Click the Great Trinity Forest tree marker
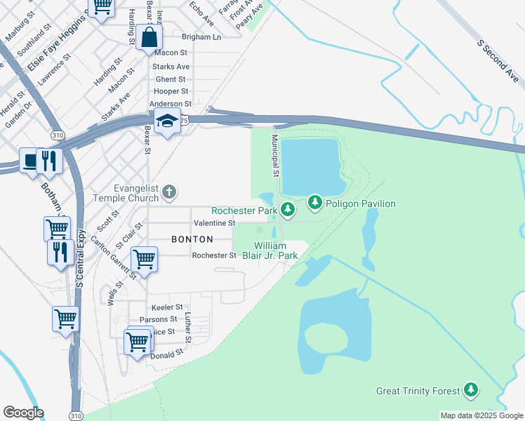click(x=471, y=389)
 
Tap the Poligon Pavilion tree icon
click(x=315, y=203)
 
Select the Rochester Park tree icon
click(x=287, y=209)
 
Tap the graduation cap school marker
click(x=168, y=123)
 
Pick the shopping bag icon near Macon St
click(x=149, y=37)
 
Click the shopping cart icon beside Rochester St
click(x=144, y=259)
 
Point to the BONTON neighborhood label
click(x=192, y=239)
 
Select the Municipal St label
click(x=276, y=156)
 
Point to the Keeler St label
click(x=166, y=307)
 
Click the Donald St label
click(x=166, y=356)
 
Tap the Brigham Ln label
click(x=201, y=36)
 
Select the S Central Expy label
click(x=79, y=260)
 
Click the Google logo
click(x=23, y=413)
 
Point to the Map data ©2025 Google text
click(x=481, y=415)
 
